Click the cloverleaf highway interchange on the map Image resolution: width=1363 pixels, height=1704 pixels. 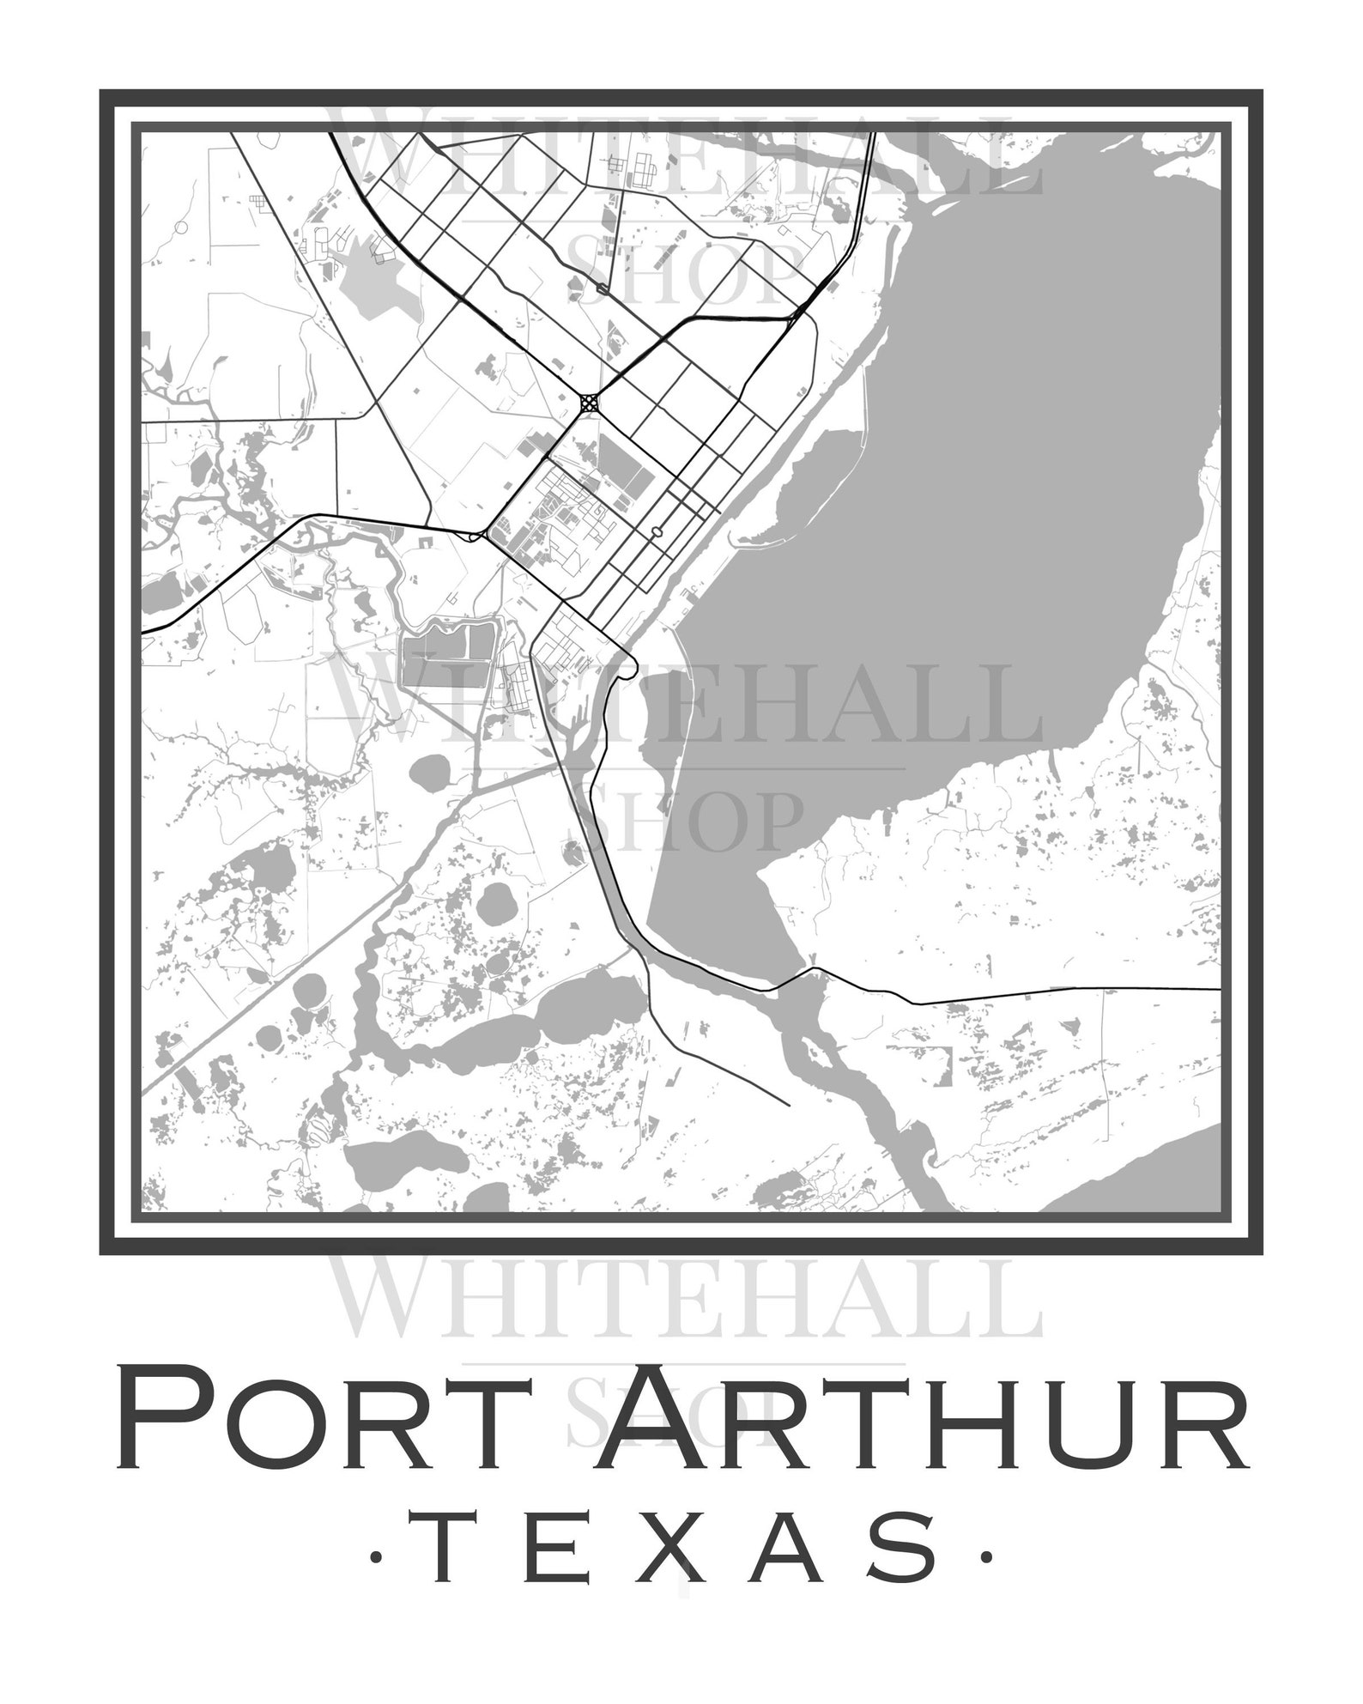click(x=589, y=402)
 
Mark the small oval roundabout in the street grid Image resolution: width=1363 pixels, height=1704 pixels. click(x=657, y=532)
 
